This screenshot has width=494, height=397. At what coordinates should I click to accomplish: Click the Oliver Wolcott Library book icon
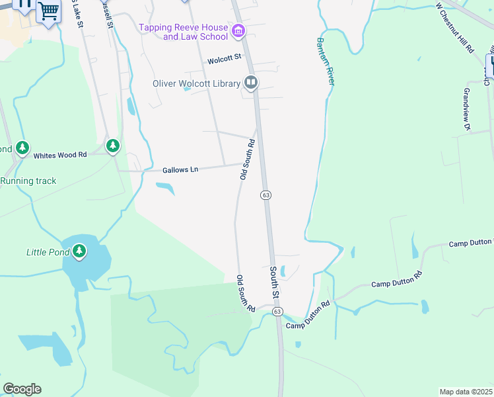pyautogui.click(x=251, y=83)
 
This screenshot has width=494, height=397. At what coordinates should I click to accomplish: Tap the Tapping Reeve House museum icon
pyautogui.click(x=238, y=30)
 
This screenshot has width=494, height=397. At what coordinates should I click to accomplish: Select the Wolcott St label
pyautogui.click(x=225, y=60)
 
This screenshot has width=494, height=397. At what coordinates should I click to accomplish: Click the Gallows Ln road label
pyautogui.click(x=180, y=170)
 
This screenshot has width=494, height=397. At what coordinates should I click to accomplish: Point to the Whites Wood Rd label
pyautogui.click(x=60, y=155)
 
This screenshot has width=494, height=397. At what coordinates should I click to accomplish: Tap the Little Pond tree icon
pyautogui.click(x=79, y=251)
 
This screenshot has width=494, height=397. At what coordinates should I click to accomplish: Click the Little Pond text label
pyautogui.click(x=48, y=251)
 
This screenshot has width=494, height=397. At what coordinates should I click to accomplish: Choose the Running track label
pyautogui.click(x=28, y=181)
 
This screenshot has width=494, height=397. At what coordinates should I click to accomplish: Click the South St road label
pyautogui.click(x=275, y=282)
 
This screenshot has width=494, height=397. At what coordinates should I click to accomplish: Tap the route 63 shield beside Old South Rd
pyautogui.click(x=265, y=195)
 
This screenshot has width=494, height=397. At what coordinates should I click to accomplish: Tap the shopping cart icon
pyautogui.click(x=48, y=10)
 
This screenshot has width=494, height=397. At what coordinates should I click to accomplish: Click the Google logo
pyautogui.click(x=22, y=389)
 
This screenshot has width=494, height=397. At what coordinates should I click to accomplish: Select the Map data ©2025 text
pyautogui.click(x=466, y=392)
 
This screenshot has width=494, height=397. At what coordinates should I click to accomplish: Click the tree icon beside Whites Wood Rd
pyautogui.click(x=113, y=145)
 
